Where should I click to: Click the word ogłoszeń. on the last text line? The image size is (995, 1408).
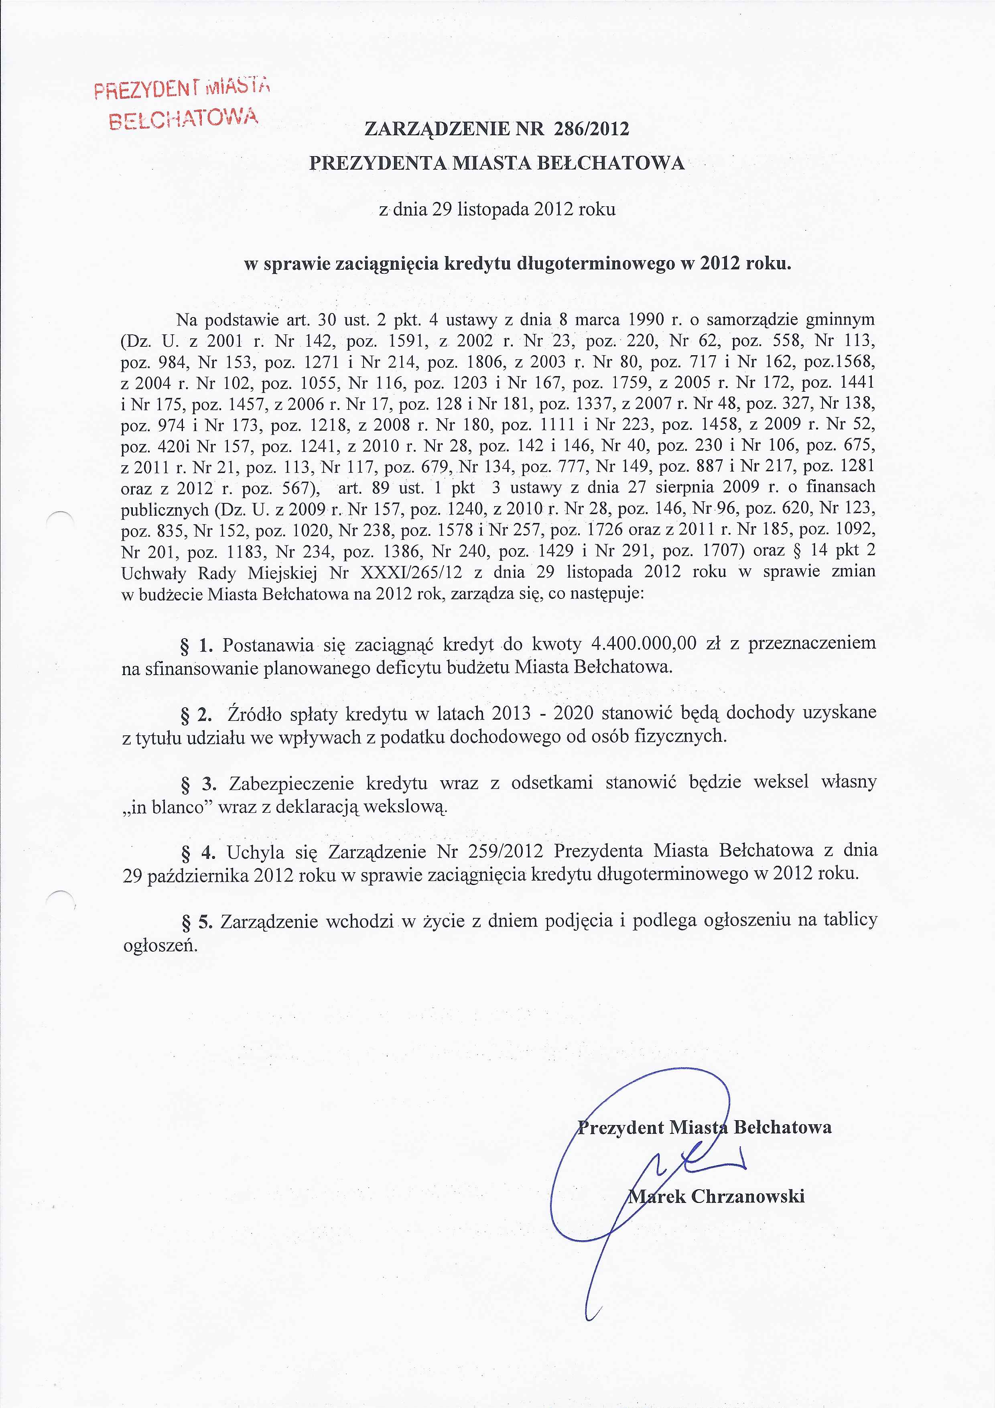(160, 945)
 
